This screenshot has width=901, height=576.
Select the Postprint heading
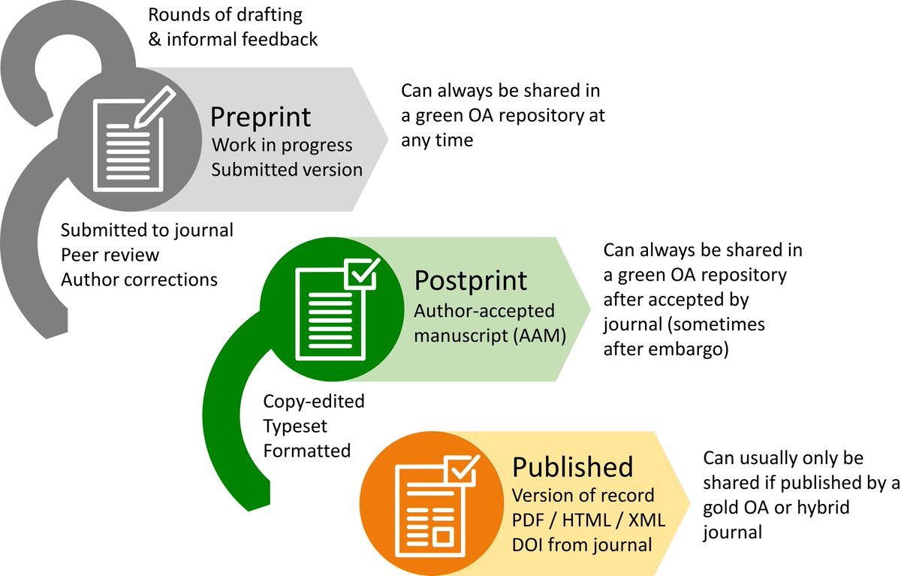pos(470,281)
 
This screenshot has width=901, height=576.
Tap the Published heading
pos(572,467)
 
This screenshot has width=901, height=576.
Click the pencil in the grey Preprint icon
pos(155,106)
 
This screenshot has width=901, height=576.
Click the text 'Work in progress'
pos(282,144)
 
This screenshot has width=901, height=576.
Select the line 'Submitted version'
pos(287,170)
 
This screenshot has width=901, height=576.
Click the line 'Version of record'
pos(583,496)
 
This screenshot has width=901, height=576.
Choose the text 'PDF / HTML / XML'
pos(589,520)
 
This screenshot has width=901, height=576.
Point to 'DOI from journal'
pos(582,544)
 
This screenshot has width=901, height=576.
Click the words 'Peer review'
pos(110,255)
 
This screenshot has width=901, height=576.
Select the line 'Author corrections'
pos(139,279)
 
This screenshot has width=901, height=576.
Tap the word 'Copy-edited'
pos(313,402)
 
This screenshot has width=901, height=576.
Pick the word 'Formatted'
pos(306,451)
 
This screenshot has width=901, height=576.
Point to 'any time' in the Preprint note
pos(437,140)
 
